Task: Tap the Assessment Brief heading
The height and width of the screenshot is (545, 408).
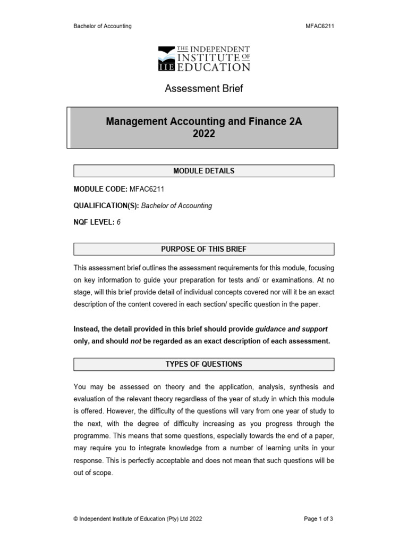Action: [x=203, y=89]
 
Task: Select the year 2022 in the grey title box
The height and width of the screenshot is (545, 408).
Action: [x=203, y=134]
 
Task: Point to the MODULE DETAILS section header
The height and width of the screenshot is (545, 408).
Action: [x=203, y=171]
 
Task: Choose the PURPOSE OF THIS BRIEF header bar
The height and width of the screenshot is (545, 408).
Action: [x=203, y=249]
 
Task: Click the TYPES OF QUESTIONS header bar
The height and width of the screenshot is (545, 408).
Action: [x=203, y=364]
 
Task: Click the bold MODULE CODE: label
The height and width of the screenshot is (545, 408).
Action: [x=100, y=189]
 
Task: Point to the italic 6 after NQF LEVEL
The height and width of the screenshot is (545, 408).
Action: [x=118, y=223]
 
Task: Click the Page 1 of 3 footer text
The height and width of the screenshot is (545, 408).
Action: [x=319, y=518]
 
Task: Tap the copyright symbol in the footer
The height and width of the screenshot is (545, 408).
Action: [x=76, y=518]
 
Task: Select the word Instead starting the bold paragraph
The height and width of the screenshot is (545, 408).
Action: [x=88, y=329]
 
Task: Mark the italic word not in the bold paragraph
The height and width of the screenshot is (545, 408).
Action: [x=137, y=341]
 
